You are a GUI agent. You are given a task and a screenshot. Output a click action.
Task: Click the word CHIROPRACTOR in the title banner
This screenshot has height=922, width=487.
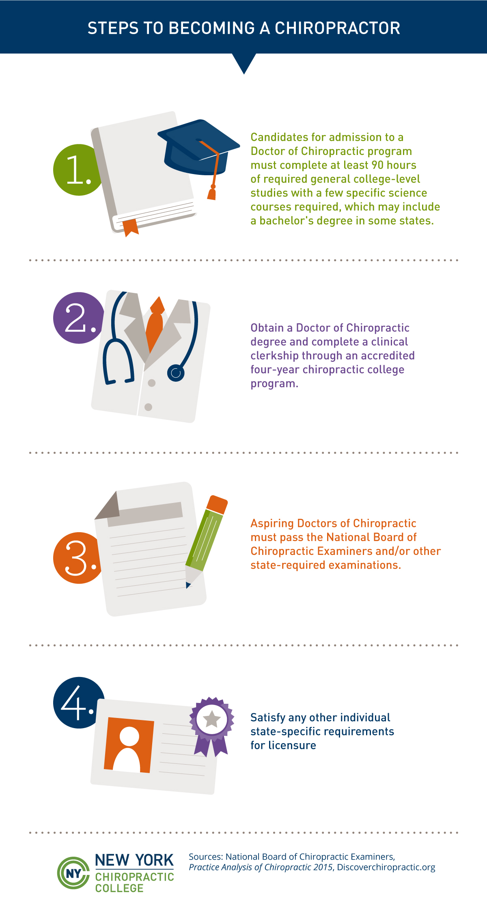338,28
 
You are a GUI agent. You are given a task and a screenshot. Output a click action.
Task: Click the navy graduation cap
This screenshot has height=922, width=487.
198,147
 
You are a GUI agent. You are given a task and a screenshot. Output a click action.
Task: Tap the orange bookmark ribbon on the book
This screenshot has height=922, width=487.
130,228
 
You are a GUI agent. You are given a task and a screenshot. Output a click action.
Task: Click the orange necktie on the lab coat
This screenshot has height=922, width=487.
155,325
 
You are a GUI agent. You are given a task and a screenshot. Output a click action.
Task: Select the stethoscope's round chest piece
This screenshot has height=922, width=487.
176,373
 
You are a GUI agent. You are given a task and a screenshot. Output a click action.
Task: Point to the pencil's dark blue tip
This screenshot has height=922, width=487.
188,585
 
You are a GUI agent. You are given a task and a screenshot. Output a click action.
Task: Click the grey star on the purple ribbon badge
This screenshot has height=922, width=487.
211,720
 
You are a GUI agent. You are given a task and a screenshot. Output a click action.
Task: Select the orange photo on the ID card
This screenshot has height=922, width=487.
129,745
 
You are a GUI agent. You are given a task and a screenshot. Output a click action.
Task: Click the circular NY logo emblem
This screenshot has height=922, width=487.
73,873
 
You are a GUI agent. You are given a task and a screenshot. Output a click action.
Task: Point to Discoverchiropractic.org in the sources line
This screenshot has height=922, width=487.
386,867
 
